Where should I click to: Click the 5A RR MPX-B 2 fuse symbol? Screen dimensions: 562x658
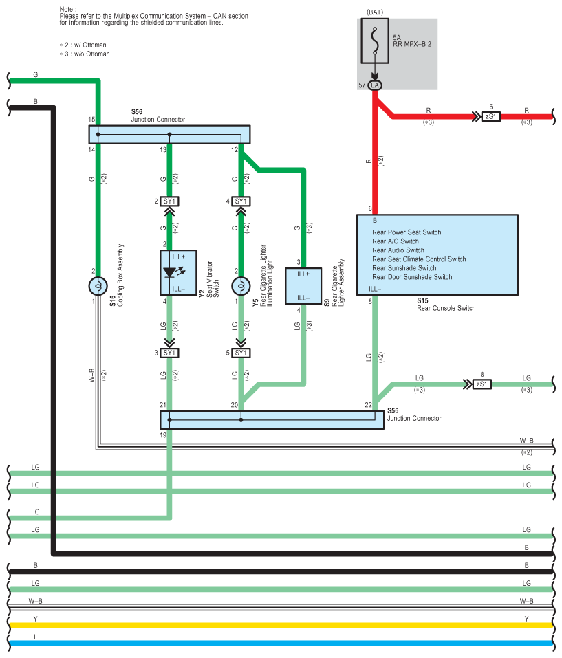(375, 41)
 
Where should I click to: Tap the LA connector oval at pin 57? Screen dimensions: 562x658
(375, 85)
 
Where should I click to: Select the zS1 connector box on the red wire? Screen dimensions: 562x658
(490, 116)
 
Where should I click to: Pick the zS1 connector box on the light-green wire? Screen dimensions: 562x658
(482, 384)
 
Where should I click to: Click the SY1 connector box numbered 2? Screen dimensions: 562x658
(170, 201)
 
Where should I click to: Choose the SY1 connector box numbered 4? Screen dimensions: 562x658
(241, 201)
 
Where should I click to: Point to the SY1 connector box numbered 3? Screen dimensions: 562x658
(170, 353)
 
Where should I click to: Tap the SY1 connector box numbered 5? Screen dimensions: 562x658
(241, 353)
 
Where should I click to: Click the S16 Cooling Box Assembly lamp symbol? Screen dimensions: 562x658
(98, 286)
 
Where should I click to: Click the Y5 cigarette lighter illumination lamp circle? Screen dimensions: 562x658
(241, 286)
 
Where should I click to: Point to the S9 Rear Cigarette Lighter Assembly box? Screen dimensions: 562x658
(303, 286)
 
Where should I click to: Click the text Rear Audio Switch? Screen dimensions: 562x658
(398, 250)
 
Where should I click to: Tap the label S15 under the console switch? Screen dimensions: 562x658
(422, 300)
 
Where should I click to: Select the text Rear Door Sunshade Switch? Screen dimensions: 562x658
(412, 277)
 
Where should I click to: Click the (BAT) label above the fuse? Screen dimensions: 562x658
(375, 12)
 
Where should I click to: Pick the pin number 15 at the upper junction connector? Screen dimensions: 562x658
(91, 120)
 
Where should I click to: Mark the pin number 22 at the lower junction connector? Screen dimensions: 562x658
(368, 405)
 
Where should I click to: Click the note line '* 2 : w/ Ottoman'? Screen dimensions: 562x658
(83, 45)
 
